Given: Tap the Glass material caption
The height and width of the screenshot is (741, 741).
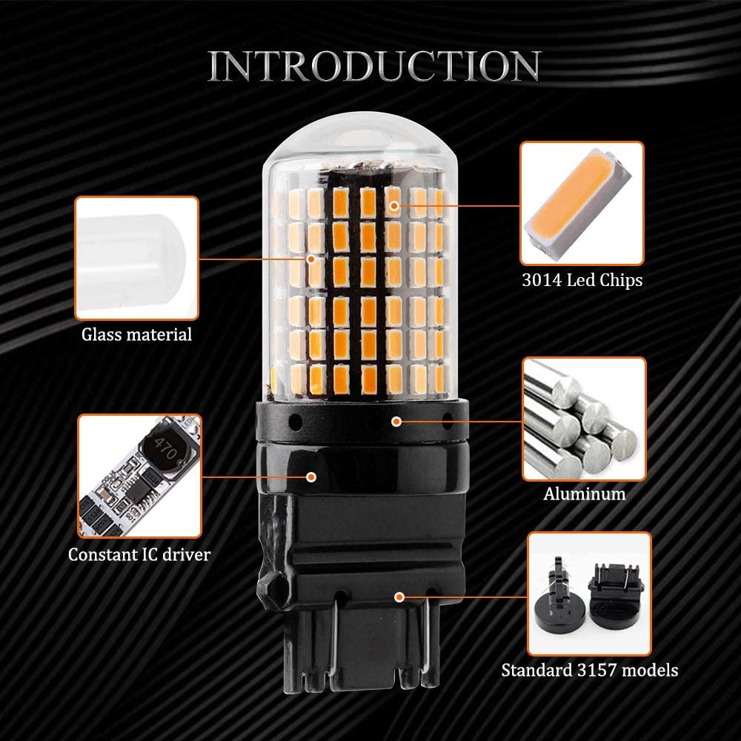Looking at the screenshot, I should [136, 334].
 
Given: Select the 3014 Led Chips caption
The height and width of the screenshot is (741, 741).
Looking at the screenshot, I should [581, 281].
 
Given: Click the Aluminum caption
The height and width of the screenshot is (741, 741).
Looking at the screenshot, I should [585, 494].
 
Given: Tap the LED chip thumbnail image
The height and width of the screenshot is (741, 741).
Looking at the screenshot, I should [582, 204].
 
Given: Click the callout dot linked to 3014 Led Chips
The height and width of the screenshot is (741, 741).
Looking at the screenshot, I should [394, 204].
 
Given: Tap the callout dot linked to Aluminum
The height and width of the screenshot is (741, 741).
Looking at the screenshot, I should [397, 421].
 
